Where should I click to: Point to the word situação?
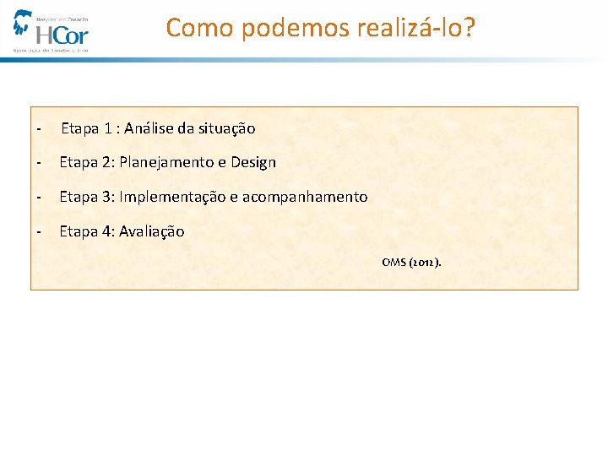coord(226,128)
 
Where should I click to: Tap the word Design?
coord(253,162)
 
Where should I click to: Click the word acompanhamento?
coord(305,197)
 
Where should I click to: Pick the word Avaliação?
coord(151,231)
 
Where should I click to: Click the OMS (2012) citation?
coord(411,263)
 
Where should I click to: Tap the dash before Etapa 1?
coord(39,129)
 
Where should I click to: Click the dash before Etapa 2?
coord(39,162)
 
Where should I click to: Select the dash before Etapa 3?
coord(39,197)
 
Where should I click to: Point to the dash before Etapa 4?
coord(39,231)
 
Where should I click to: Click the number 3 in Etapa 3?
coord(107,197)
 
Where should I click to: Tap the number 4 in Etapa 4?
coord(107,231)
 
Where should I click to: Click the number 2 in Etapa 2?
coord(107,162)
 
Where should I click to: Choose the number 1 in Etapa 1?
coord(108,128)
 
